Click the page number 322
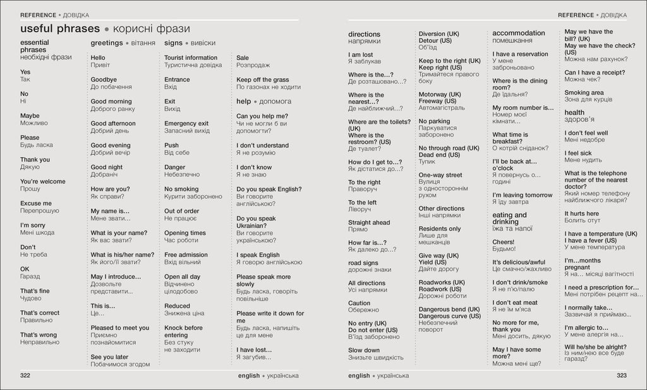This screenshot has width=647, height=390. point(26,375)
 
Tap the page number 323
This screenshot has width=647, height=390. point(622,375)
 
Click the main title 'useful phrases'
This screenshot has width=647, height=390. point(60,29)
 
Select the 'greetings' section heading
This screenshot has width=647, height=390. point(106,43)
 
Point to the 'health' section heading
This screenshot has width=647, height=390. point(574,112)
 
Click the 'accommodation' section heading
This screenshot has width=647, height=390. point(518,33)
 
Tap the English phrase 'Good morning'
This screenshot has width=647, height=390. point(111,102)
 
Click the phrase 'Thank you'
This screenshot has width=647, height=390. point(35,160)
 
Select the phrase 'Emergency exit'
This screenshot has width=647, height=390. point(186,124)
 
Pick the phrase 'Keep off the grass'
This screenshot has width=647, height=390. point(262,80)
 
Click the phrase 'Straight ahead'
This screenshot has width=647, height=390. point(369,223)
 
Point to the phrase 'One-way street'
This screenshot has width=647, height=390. point(440,175)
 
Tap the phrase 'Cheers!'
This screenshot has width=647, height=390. point(504,242)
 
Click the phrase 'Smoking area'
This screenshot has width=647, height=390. point(584,93)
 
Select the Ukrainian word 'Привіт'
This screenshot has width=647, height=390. point(100,65)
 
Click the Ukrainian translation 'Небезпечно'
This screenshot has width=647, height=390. point(182,174)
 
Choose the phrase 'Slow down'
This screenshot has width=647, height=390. point(364,350)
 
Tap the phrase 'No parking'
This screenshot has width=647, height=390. point(434,121)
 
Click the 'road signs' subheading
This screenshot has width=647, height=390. point(363,263)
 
